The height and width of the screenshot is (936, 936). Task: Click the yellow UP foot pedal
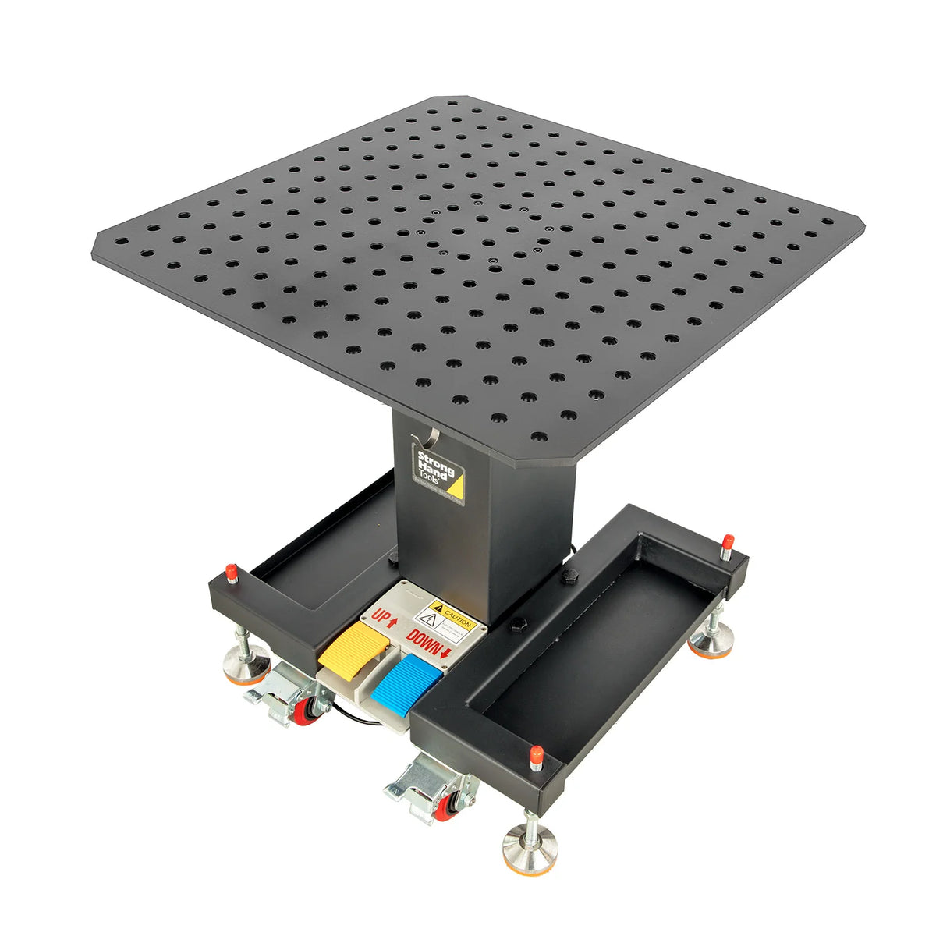pos(353,647)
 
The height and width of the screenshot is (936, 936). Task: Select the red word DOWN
pos(426,641)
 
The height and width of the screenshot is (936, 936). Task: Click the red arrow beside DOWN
pos(445,651)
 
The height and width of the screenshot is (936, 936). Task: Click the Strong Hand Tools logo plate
pos(438,473)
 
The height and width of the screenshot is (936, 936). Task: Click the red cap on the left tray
pos(231,571)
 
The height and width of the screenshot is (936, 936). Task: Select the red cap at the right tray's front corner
pos(536,755)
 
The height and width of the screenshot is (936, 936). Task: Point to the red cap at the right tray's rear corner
pos(727,541)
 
